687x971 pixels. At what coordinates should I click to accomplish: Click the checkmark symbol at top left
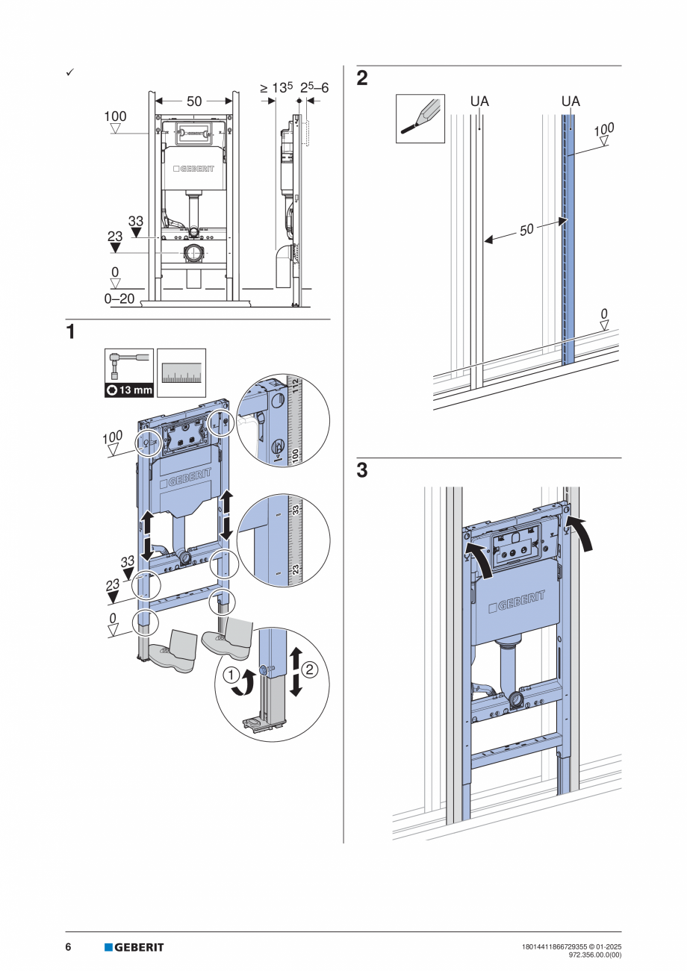point(69,72)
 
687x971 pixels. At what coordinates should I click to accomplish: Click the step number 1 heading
point(70,332)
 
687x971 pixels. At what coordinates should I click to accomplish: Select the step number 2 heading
point(362,78)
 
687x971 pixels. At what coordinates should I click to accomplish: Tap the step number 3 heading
point(362,471)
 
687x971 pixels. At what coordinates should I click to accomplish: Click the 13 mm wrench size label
point(129,390)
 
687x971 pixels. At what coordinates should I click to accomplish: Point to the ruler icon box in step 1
point(181,372)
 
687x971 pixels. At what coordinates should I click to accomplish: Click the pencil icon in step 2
point(420,118)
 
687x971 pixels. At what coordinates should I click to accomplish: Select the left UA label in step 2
point(479,102)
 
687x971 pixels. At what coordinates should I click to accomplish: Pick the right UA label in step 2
point(571,102)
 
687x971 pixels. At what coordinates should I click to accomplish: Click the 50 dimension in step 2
point(526,230)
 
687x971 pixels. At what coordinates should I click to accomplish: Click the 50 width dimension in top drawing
point(194,101)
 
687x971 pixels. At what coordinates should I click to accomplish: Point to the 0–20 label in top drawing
point(119,299)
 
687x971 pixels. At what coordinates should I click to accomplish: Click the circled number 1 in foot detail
point(232,676)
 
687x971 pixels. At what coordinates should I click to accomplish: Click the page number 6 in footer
point(68,947)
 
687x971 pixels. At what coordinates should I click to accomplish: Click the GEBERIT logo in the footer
point(134,947)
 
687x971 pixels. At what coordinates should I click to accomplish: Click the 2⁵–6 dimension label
point(314,88)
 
